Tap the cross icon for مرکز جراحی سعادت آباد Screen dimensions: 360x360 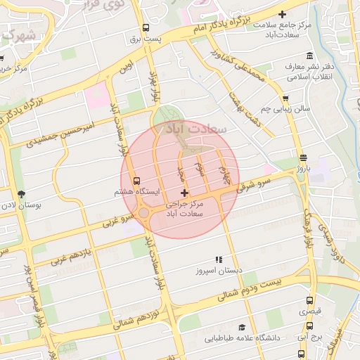coord(184,193)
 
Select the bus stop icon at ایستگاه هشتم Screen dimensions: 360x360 coord(136,180)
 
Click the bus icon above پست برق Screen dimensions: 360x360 coord(146,28)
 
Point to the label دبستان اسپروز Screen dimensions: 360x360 coord(219,270)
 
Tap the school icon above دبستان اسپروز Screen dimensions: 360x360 coord(219,259)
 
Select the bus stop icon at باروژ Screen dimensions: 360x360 coord(302,158)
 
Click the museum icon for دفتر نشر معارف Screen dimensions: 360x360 coord(309,56)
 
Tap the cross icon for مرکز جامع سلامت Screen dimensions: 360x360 coord(283,14)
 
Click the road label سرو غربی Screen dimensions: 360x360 coord(118,220)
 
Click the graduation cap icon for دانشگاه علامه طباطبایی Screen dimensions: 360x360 coord(242,328)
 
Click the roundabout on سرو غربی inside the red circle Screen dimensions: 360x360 coord(144,213)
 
